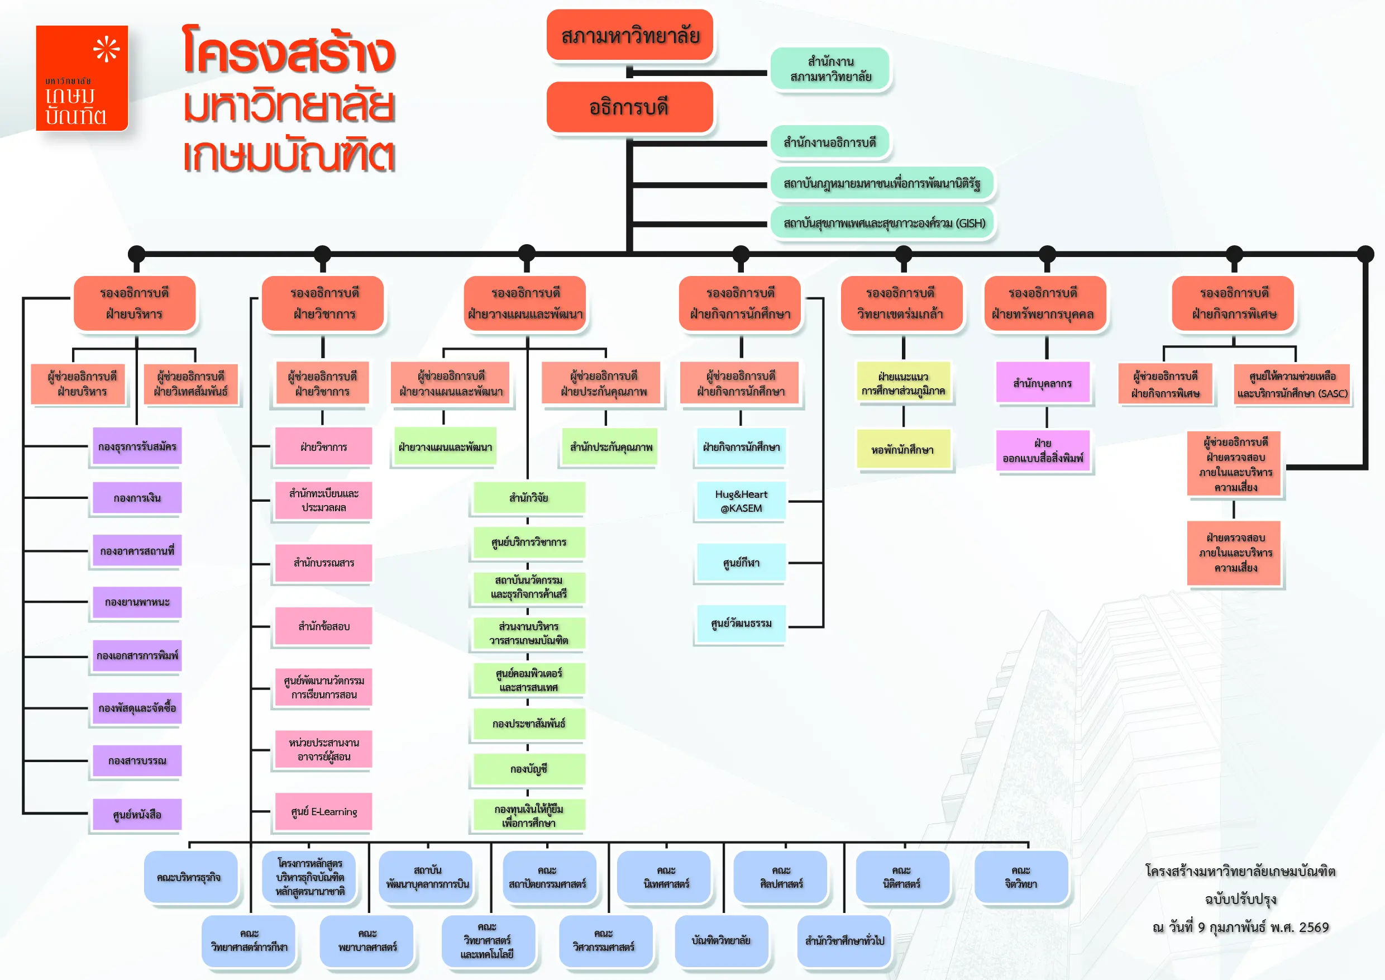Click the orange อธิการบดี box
[629, 107]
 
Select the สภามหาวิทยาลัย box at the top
[630, 36]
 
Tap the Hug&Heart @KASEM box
[741, 501]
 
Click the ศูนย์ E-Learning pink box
[323, 812]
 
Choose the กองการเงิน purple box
[137, 498]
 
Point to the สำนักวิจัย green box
[528, 498]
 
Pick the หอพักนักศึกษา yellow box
[902, 450]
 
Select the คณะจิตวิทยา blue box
[1021, 877]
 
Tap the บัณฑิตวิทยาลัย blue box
[721, 940]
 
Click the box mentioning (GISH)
[883, 223]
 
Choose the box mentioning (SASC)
[1292, 384]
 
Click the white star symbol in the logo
[106, 49]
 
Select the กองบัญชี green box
[528, 769]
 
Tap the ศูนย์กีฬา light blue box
[741, 563]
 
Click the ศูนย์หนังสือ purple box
[137, 815]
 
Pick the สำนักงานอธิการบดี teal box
[829, 143]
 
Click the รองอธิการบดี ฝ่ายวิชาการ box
[324, 303]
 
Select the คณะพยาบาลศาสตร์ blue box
[367, 940]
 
